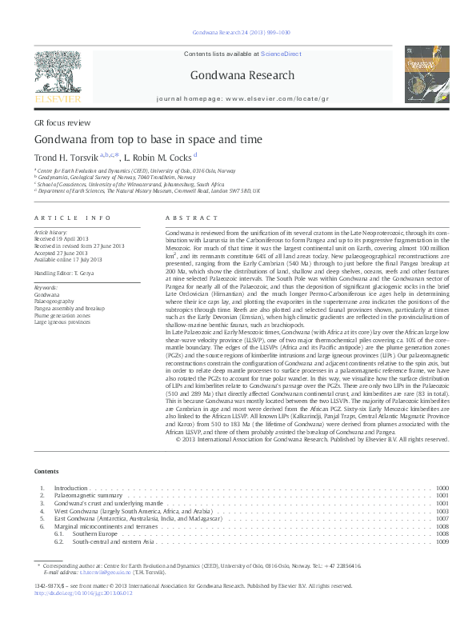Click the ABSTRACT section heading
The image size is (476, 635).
tap(191, 218)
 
